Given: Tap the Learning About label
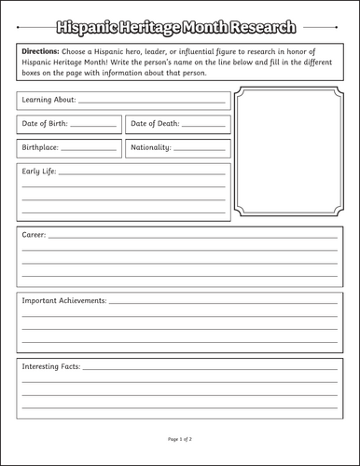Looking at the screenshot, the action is coord(49,99).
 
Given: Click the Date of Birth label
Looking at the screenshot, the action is coord(45,123).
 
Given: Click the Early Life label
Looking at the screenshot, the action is coord(39,171).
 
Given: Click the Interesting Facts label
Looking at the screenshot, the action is coord(51,365).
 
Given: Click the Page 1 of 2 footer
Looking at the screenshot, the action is coord(180,438).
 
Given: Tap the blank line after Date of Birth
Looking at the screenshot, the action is coord(93,125).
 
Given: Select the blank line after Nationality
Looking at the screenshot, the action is coord(200,149).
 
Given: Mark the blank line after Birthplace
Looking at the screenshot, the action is coord(89,149).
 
